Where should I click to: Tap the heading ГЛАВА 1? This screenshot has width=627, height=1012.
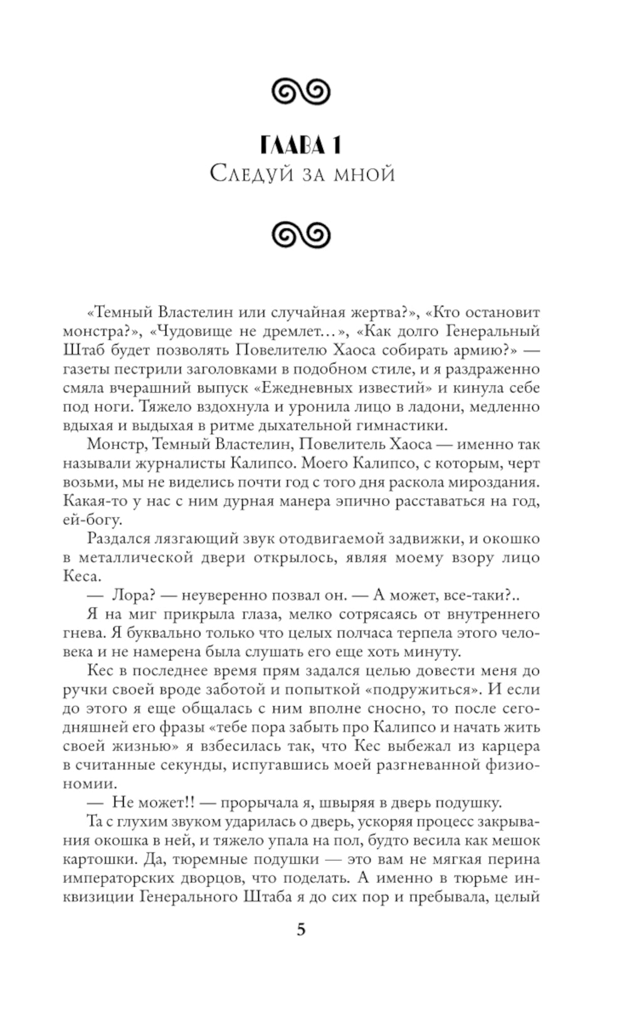[301, 145]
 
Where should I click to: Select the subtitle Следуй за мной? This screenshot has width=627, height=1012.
[302, 173]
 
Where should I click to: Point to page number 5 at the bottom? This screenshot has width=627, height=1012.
[301, 929]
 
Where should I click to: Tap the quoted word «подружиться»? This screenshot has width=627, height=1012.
[432, 690]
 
